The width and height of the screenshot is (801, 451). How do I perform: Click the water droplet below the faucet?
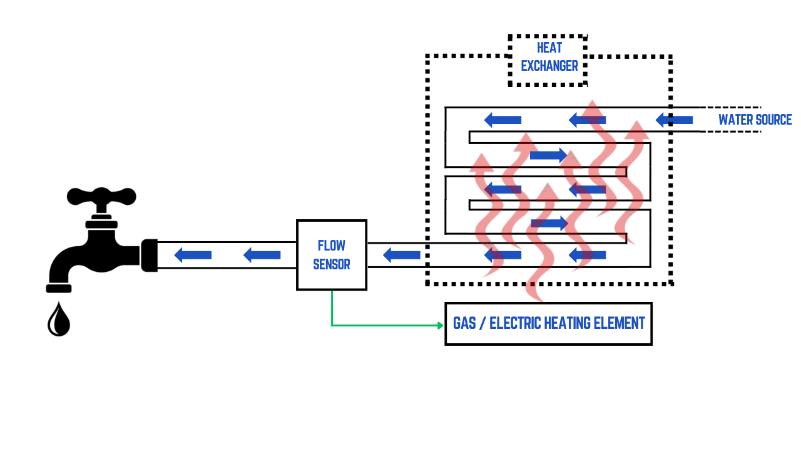[59, 320]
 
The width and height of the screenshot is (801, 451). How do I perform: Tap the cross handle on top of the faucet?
[101, 196]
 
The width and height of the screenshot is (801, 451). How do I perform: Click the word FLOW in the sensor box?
[332, 246]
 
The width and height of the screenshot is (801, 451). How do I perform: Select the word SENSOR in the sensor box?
[332, 264]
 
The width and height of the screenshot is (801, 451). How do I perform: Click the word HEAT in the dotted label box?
[549, 48]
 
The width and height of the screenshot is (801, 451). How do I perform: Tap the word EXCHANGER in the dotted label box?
[549, 66]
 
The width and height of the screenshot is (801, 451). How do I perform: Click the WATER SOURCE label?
[755, 120]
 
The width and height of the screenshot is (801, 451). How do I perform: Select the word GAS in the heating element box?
[465, 323]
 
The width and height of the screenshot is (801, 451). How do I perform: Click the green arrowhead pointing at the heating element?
[440, 325]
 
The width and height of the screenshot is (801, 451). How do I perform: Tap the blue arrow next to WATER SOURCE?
[674, 120]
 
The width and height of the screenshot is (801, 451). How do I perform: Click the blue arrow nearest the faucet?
[193, 255]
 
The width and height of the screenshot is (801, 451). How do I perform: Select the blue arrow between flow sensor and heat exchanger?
[401, 255]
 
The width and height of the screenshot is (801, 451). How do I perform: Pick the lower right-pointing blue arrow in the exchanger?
[549, 223]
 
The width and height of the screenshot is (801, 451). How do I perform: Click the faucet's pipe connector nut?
[149, 255]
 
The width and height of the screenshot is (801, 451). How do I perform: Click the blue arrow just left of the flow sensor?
[262, 255]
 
